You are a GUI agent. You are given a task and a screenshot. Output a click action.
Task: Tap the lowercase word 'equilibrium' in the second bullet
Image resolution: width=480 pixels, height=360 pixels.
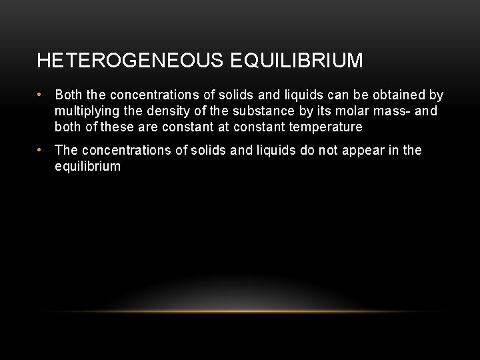(88, 166)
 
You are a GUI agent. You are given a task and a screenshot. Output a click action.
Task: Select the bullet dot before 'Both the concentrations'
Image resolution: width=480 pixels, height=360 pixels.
(41, 95)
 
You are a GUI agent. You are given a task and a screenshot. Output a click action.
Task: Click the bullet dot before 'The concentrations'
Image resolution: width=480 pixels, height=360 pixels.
(41, 151)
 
